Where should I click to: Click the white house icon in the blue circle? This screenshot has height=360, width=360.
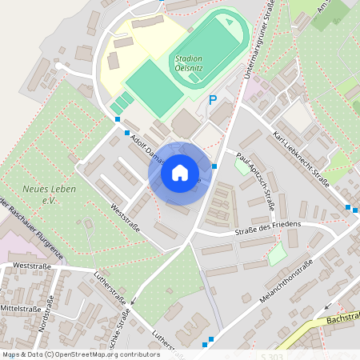click(180, 173)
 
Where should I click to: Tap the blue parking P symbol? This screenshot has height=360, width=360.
click(213, 101)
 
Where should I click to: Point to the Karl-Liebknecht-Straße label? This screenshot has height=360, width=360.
click(302, 157)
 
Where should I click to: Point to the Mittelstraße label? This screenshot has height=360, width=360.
click(20, 307)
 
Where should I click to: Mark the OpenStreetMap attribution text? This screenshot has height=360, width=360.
click(80, 354)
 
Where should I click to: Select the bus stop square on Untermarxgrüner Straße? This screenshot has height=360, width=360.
click(214, 166)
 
